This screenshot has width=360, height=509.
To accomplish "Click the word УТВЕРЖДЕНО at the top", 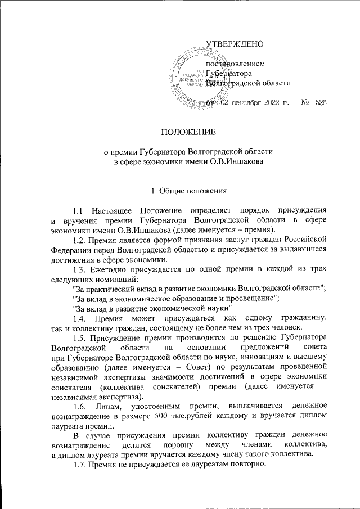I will click(235, 44).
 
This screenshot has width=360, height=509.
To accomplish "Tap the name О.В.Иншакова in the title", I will click(237, 163).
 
